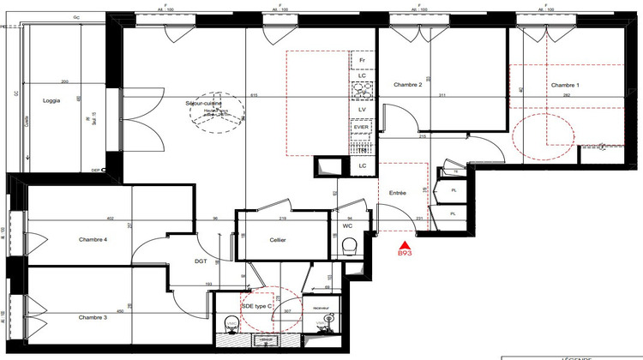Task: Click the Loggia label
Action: pyautogui.click(x=52, y=100)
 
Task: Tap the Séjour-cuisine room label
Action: pyautogui.click(x=203, y=103)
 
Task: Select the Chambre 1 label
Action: pyautogui.click(x=564, y=85)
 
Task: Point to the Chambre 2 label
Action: pyautogui.click(x=407, y=85)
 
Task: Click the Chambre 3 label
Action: pyautogui.click(x=93, y=317)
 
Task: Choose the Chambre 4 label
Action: pyautogui.click(x=93, y=239)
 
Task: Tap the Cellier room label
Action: pyautogui.click(x=276, y=240)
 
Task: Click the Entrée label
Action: pyautogui.click(x=397, y=193)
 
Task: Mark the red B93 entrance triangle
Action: pyautogui.click(x=404, y=244)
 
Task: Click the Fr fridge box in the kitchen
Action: pyautogui.click(x=363, y=61)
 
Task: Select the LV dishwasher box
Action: pyautogui.click(x=363, y=110)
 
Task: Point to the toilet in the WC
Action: pyautogui.click(x=348, y=247)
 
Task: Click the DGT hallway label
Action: pyautogui.click(x=201, y=261)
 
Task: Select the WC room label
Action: pyautogui.click(x=349, y=225)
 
